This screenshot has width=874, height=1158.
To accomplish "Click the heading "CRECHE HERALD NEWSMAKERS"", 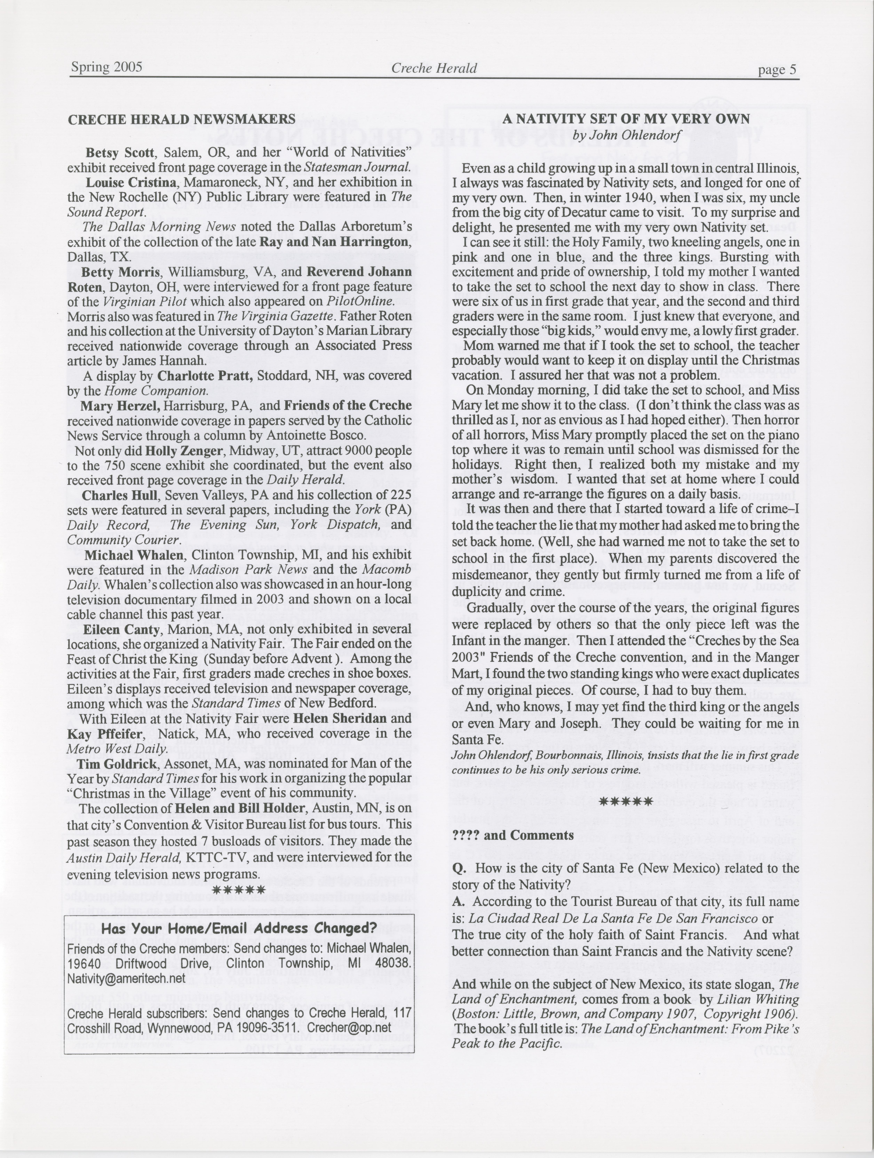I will [x=182, y=119].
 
